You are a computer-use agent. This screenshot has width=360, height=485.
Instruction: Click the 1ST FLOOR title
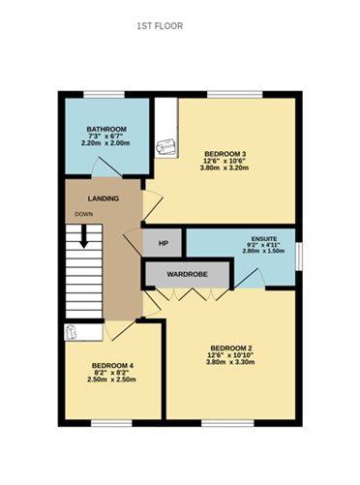(x=160, y=27)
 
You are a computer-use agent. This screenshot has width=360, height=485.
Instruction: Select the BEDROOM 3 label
(x=225, y=155)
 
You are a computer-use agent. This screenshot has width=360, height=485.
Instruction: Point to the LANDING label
(x=103, y=198)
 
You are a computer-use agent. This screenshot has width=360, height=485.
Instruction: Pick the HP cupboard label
(x=164, y=243)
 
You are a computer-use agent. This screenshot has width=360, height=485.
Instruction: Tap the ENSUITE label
(x=263, y=237)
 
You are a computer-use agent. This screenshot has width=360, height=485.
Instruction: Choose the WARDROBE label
(x=188, y=274)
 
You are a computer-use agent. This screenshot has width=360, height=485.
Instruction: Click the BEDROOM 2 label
(x=231, y=349)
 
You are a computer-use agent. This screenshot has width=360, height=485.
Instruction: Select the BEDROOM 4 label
(x=109, y=365)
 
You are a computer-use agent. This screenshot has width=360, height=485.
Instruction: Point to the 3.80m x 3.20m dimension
(x=225, y=168)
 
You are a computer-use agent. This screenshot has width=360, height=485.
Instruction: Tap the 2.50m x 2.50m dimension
(x=109, y=379)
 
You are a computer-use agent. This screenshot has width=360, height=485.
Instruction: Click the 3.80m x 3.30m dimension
(x=231, y=364)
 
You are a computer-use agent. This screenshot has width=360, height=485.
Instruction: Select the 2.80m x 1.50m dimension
(x=263, y=252)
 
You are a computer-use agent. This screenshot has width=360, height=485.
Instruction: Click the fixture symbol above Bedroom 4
(x=71, y=333)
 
